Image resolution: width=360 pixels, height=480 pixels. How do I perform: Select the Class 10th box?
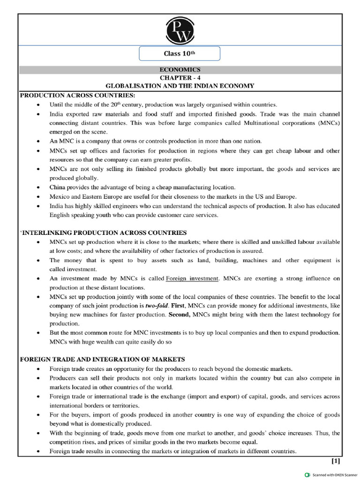180,53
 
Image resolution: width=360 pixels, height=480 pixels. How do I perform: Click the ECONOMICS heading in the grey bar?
180,69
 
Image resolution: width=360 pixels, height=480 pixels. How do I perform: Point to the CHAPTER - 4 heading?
180,77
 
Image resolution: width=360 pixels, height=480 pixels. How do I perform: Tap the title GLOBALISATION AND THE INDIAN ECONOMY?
180,86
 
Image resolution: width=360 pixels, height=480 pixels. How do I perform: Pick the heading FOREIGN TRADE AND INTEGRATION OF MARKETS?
103,359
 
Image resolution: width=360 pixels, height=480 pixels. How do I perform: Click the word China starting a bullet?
59,187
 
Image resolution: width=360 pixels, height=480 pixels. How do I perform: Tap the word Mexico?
60,196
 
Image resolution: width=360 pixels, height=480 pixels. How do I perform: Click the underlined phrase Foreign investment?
192,278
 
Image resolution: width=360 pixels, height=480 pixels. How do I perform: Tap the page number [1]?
336,460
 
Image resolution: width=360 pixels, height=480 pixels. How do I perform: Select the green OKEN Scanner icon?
307,474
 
